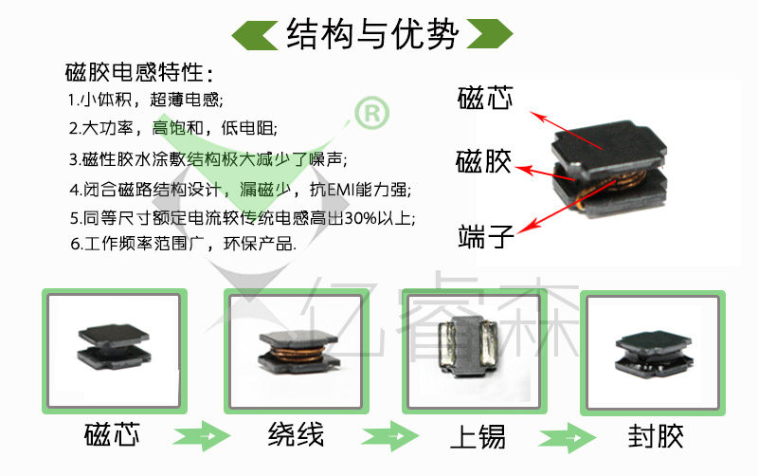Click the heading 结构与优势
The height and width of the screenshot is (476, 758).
(x=372, y=34)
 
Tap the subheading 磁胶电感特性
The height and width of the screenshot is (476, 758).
(x=138, y=73)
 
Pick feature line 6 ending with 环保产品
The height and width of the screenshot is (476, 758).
(x=182, y=244)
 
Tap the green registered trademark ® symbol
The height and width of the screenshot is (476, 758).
(x=370, y=114)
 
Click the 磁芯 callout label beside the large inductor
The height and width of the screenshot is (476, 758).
(x=485, y=98)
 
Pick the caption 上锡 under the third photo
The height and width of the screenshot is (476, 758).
(x=477, y=436)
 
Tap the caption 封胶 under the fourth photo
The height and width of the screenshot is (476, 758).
(x=655, y=436)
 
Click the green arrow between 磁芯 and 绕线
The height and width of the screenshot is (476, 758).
(x=203, y=438)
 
